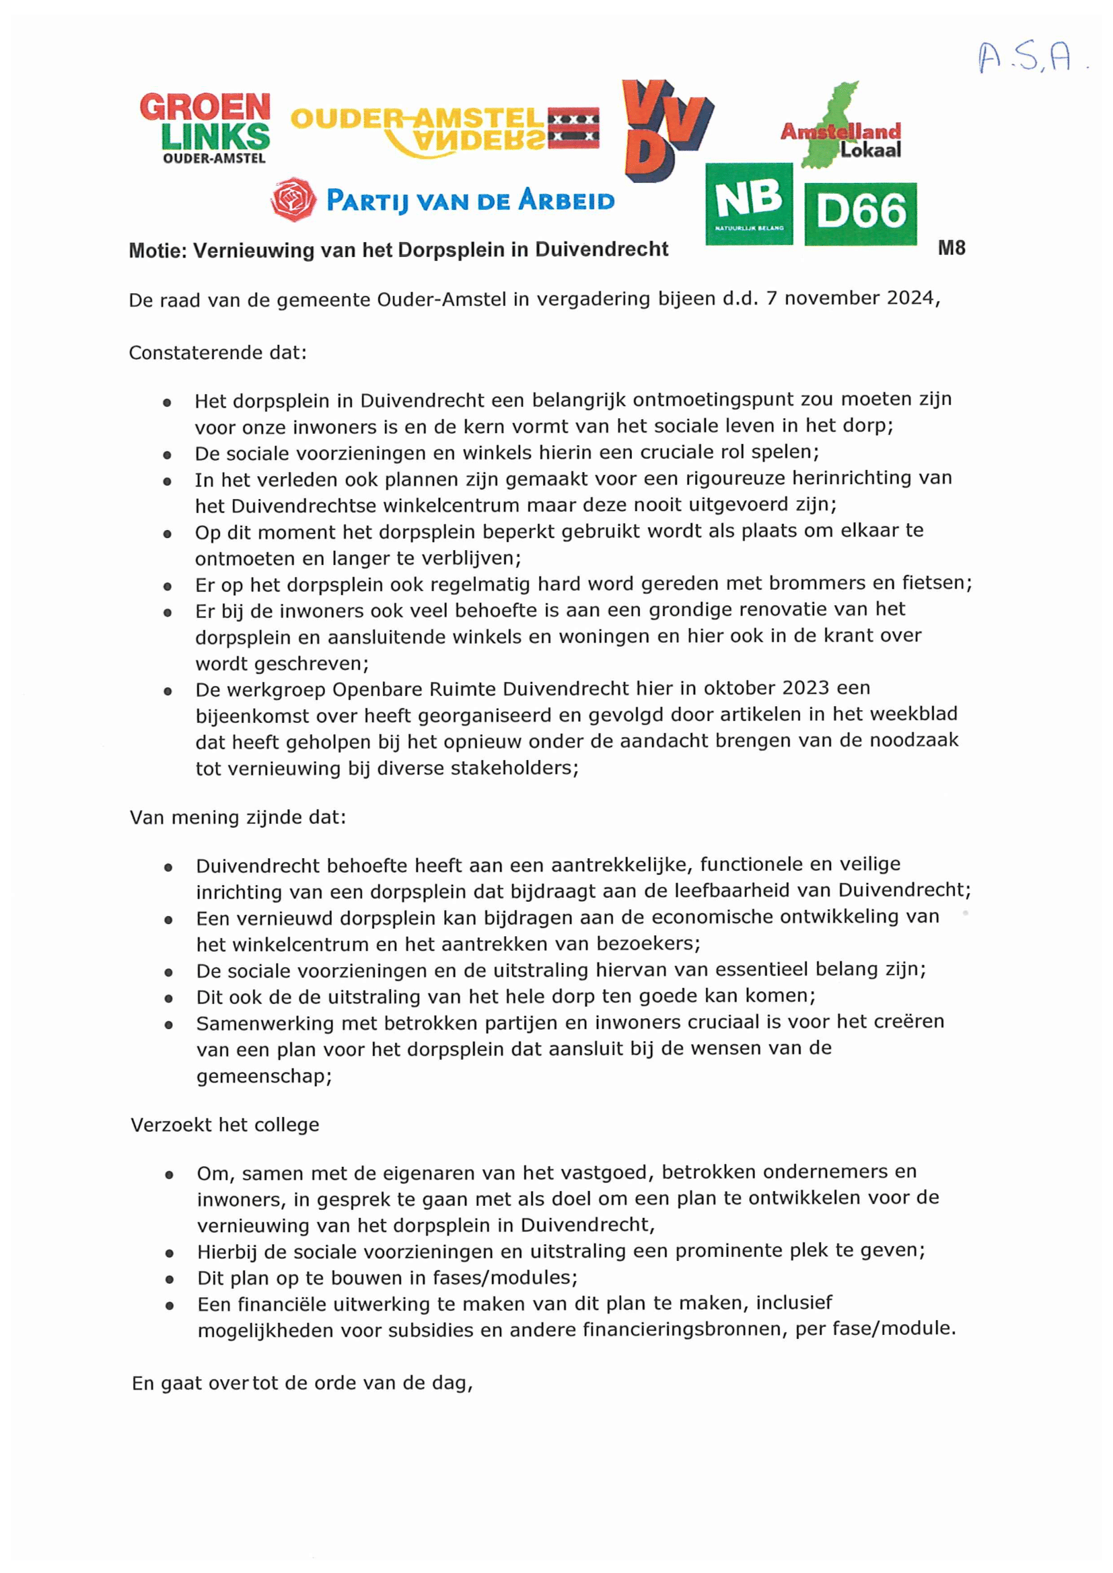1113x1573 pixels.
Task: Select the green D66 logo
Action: pos(861,213)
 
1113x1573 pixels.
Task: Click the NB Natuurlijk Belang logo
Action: pos(748,203)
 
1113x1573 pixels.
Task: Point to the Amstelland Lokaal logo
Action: pos(841,130)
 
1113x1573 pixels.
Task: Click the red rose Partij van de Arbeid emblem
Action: pos(293,199)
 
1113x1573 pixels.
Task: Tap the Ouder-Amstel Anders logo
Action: pos(445,130)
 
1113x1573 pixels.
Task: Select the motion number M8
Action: pos(952,248)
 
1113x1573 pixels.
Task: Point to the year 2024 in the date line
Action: pos(910,298)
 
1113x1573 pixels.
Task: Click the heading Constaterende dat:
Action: pos(218,353)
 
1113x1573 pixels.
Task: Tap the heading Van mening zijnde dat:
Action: pos(238,817)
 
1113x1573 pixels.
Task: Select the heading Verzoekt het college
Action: pos(225,1125)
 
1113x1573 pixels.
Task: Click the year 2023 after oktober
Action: pos(797,688)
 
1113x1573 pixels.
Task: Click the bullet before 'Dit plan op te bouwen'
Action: pos(169,1279)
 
